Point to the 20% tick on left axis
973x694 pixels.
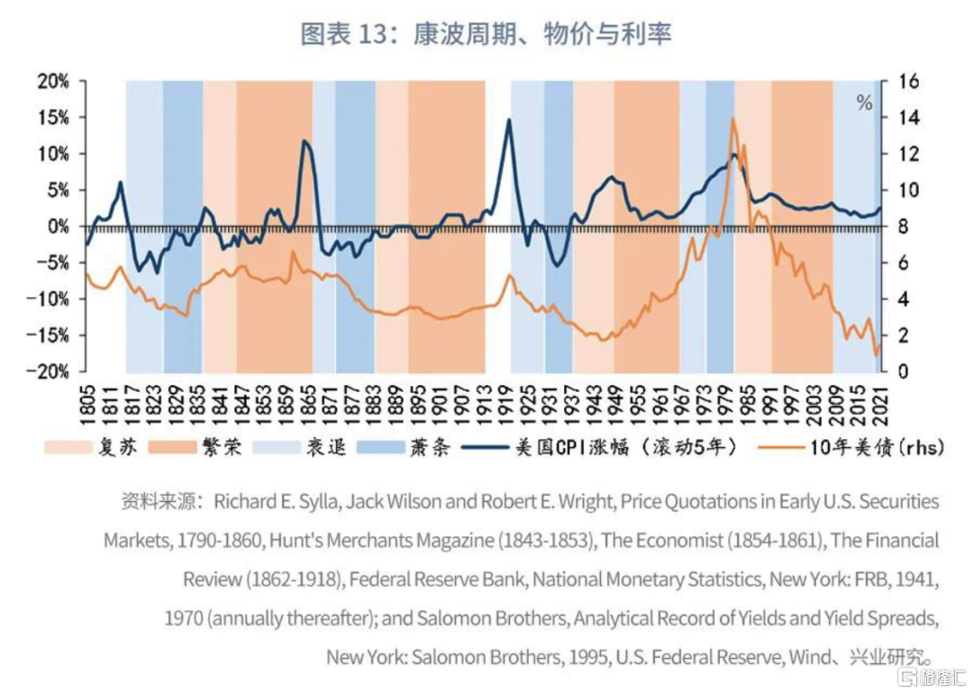tap(53, 81)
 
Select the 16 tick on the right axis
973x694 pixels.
tap(903, 81)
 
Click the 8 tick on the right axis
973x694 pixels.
tap(898, 226)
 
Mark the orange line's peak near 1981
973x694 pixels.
tap(732, 118)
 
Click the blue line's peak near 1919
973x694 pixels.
tap(509, 119)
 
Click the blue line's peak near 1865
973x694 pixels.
tap(305, 141)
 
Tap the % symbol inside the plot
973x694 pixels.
tap(864, 103)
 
